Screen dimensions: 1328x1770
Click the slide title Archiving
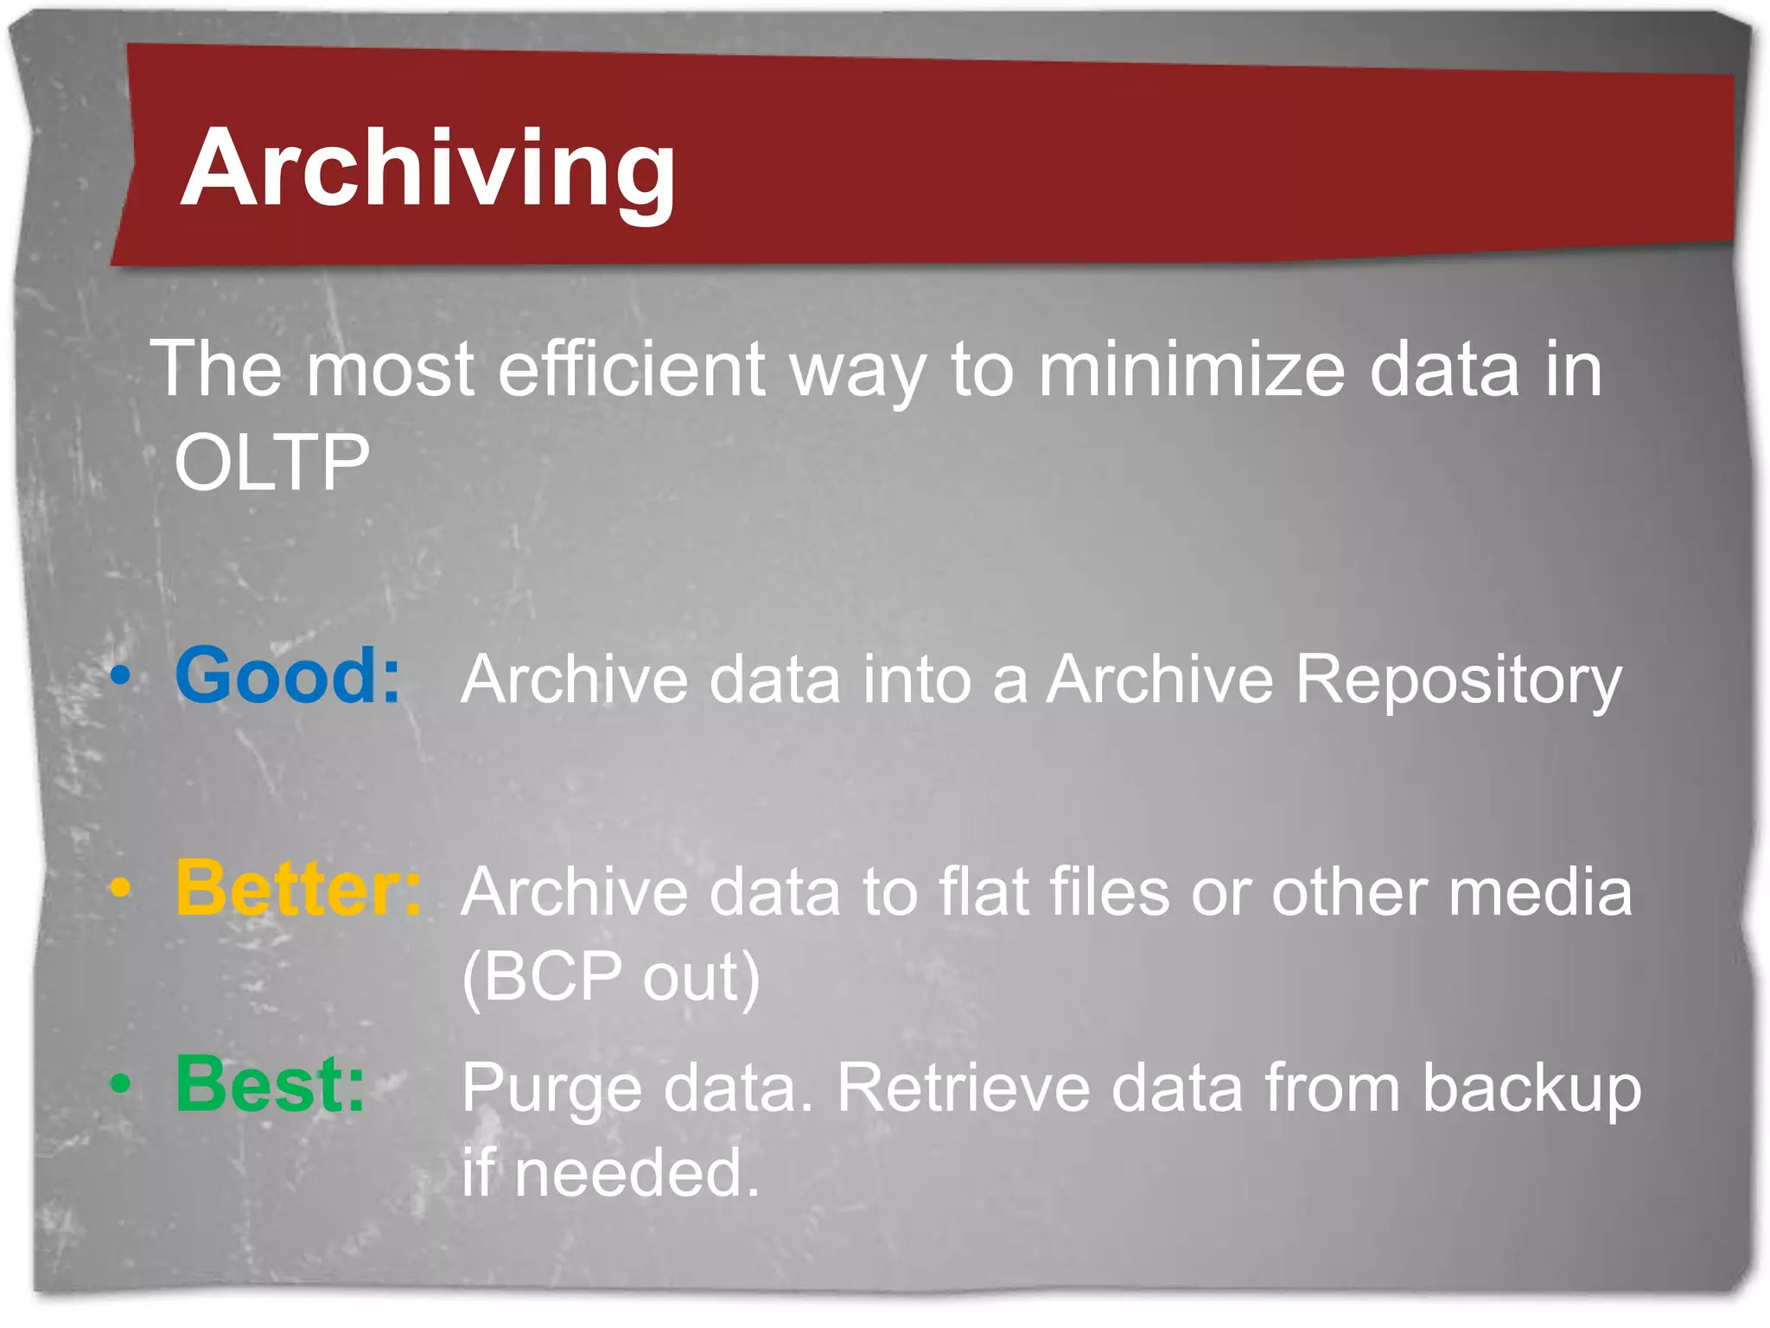(x=428, y=169)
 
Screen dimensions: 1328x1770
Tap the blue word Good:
(x=288, y=676)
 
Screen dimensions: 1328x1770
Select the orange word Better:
(x=298, y=889)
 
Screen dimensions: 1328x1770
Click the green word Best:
(x=270, y=1084)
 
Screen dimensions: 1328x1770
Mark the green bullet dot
(x=121, y=1082)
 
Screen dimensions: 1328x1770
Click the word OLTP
(x=272, y=463)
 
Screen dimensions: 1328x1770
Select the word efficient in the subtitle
(x=632, y=369)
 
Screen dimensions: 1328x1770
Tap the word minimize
(x=1192, y=369)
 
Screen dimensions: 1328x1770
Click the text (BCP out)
(x=610, y=978)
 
